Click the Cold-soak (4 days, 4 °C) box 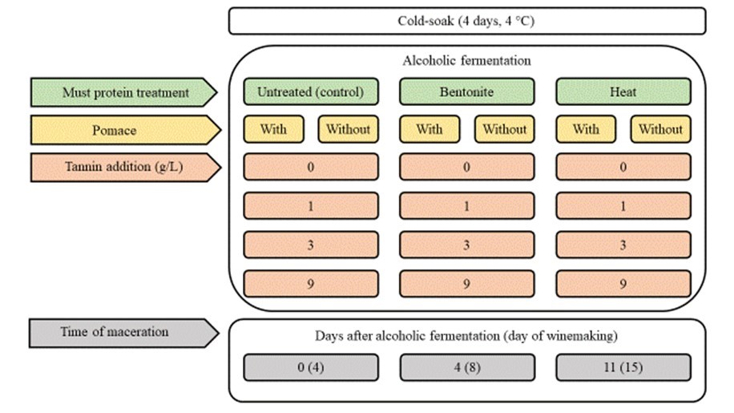point(467,21)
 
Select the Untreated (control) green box point(311,91)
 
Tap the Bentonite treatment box point(466,91)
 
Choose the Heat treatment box point(623,91)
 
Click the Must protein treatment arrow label point(123,92)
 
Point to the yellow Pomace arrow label point(126,130)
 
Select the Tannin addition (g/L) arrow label point(126,167)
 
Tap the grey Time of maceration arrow point(123,333)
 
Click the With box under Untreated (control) point(273,129)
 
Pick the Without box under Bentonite point(504,129)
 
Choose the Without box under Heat point(660,129)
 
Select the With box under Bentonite point(430,129)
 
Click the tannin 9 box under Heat point(623,284)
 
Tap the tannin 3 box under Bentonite point(466,245)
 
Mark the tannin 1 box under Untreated point(311,206)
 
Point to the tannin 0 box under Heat point(623,167)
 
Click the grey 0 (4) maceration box point(311,367)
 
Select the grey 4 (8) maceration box point(466,367)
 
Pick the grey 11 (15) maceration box point(623,367)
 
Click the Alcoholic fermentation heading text point(466,61)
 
